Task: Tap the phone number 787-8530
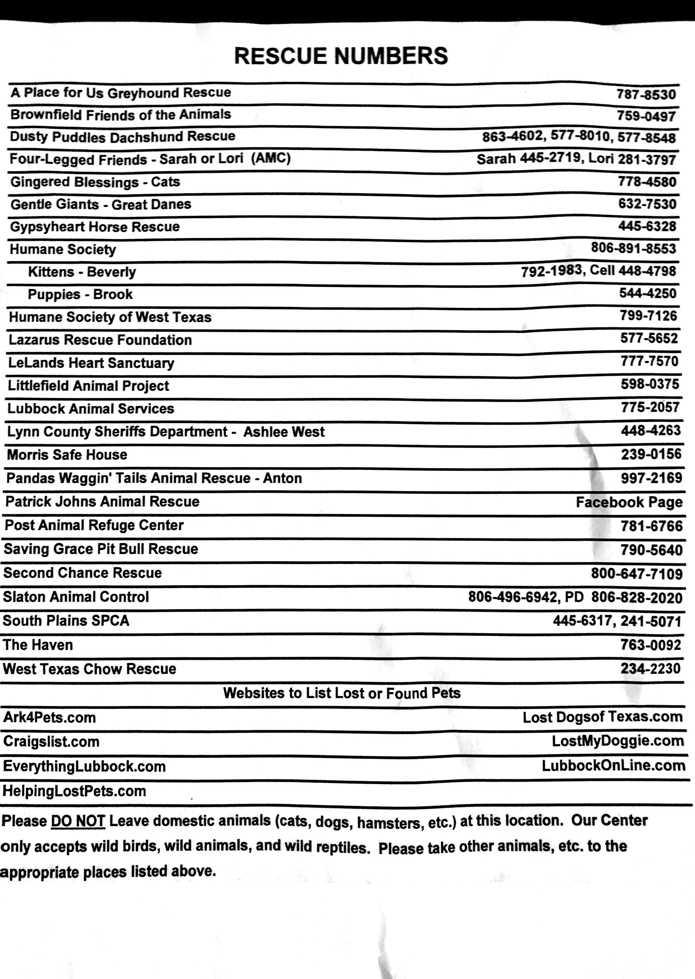646,94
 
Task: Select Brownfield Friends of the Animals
121,115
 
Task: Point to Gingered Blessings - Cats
95,182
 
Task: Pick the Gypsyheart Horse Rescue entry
95,227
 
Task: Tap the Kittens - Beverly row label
82,272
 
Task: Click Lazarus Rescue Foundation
100,340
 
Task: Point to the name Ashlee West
284,431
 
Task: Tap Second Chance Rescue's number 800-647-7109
636,574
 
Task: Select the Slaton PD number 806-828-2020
636,597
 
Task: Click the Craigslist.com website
51,742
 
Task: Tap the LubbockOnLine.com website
613,766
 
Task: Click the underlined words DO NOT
78,821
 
